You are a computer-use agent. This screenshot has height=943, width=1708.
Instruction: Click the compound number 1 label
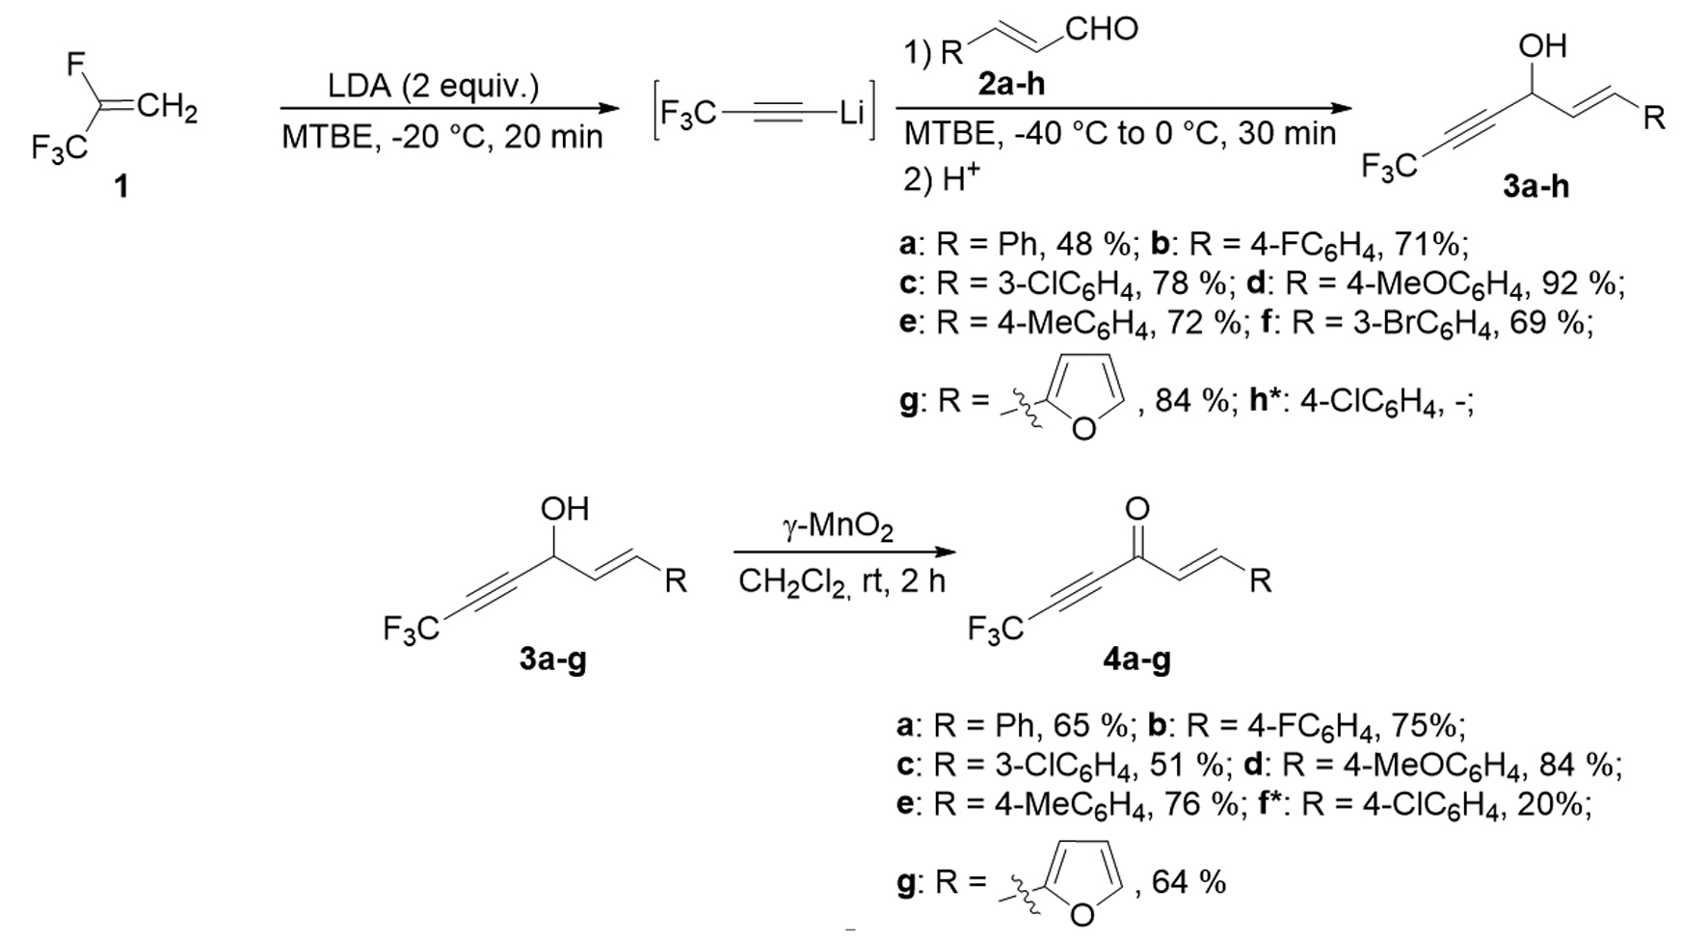[120, 186]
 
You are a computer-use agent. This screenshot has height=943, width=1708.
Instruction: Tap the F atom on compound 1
[77, 66]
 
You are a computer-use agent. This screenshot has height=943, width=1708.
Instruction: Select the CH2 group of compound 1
[167, 109]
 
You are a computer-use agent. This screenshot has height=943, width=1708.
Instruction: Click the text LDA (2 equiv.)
[433, 87]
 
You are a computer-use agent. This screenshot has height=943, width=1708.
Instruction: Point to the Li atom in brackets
[851, 114]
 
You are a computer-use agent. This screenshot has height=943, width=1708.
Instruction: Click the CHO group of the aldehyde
[1102, 30]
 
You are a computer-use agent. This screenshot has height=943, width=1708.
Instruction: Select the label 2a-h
[1011, 85]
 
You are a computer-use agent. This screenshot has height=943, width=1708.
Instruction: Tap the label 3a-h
[1535, 186]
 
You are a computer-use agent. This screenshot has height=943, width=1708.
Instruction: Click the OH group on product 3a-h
[1542, 45]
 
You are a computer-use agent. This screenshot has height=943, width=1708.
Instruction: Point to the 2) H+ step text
[941, 179]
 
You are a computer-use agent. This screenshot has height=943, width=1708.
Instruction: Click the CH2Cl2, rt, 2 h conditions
[841, 581]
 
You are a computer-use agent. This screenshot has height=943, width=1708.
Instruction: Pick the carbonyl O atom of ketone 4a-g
[1137, 509]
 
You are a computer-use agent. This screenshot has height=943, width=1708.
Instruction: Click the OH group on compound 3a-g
[565, 509]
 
